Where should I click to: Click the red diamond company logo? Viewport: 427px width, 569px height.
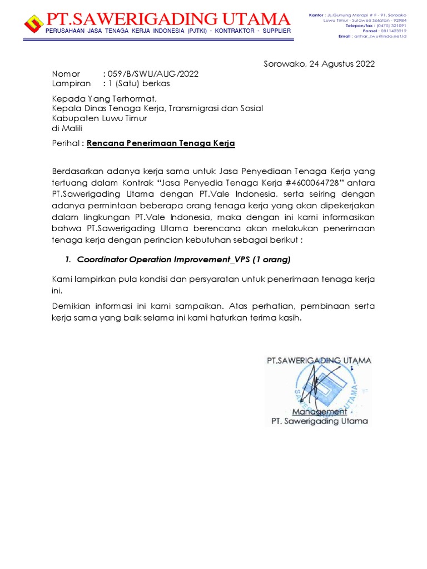click(x=34, y=23)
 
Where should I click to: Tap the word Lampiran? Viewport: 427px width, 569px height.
click(x=71, y=83)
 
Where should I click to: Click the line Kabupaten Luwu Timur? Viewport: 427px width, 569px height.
click(x=100, y=118)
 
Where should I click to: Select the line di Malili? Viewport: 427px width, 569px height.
click(x=67, y=128)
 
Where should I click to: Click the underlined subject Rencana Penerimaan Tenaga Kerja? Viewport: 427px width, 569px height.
click(x=161, y=143)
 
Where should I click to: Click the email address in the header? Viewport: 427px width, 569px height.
click(x=383, y=36)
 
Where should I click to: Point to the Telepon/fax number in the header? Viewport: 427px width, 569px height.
click(x=391, y=26)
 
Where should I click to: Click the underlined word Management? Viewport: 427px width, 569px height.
click(x=320, y=412)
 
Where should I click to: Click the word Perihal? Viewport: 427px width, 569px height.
click(x=67, y=143)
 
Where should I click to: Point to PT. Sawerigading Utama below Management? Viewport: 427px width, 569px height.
click(x=319, y=421)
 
